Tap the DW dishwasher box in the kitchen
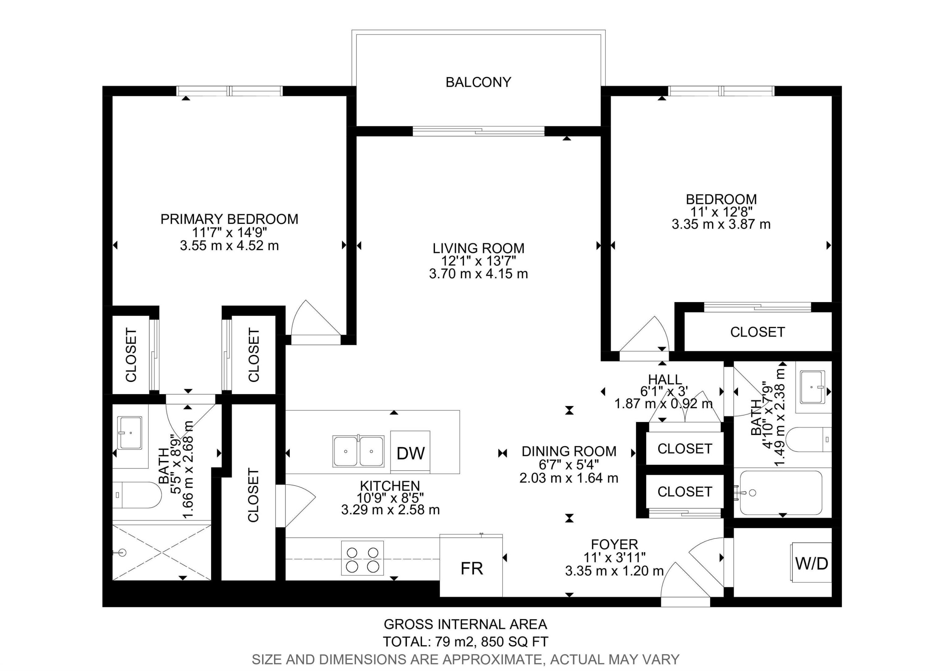tap(410, 452)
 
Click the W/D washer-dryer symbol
tap(811, 563)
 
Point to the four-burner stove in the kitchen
tap(363, 558)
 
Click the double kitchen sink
tap(358, 451)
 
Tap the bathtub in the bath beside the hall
tap(781, 493)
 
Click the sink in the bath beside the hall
tap(813, 387)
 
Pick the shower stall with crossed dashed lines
tap(162, 552)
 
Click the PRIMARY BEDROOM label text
tap(229, 219)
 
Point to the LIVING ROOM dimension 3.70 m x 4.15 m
tap(478, 274)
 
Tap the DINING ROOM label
tap(569, 451)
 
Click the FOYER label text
tap(614, 544)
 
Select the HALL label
tap(665, 379)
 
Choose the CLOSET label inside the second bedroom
tap(757, 332)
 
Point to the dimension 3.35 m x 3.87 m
tap(721, 224)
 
